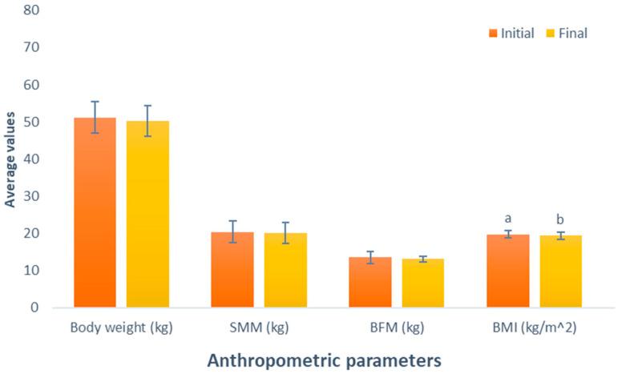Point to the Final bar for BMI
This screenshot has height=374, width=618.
[561, 271]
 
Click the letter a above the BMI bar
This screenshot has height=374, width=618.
[508, 218]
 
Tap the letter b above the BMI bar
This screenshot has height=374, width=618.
[561, 219]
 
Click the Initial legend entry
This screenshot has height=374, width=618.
[512, 33]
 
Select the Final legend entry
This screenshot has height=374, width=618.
[567, 33]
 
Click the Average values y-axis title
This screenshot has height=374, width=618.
[10, 159]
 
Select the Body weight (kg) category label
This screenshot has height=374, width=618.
[121, 328]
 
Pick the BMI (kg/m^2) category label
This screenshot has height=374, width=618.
[535, 328]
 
